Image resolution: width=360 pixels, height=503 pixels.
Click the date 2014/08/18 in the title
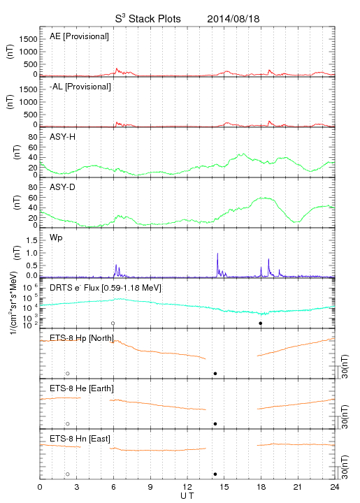[233, 19]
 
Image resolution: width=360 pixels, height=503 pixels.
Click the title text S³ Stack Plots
[148, 19]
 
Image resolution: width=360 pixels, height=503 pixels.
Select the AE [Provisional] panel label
[79, 36]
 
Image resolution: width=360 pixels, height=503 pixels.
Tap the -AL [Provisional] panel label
[80, 87]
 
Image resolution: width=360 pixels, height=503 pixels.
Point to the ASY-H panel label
[63, 137]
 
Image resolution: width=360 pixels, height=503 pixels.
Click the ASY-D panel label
[63, 187]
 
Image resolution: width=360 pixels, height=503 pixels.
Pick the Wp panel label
[56, 238]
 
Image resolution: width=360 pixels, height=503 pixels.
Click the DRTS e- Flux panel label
[106, 288]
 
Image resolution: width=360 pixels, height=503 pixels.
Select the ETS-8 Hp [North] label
[82, 338]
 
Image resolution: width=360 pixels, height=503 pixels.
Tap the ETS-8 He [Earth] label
[82, 388]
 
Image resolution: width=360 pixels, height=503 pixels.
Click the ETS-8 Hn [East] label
[80, 439]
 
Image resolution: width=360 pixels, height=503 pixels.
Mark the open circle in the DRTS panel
[113, 323]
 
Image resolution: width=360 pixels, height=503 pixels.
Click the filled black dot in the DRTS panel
[261, 323]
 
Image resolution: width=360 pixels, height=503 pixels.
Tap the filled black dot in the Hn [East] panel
[215, 474]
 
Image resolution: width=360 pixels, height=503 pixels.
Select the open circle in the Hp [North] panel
[68, 374]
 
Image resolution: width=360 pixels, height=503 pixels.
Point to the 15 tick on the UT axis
[224, 487]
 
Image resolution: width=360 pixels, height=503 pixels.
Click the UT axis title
[187, 496]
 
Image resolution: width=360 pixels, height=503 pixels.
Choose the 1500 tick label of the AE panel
[29, 39]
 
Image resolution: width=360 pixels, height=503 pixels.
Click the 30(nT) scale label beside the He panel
[345, 416]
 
